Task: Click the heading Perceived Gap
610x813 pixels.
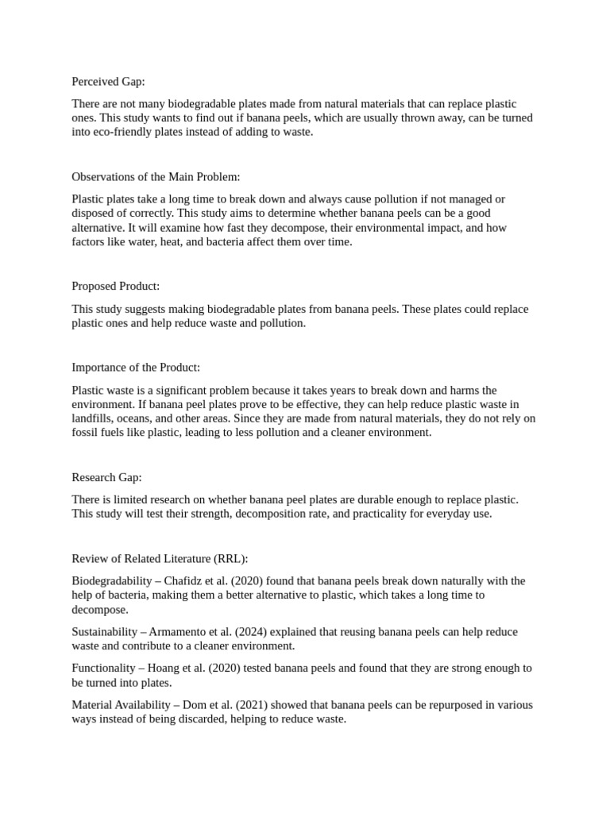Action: pos(108,82)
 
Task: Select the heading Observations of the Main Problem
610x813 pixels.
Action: pos(156,176)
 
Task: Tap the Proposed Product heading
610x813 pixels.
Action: pos(116,286)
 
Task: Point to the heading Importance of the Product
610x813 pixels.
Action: pos(136,368)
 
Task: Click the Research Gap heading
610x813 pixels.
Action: pos(106,477)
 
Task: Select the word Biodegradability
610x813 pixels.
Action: pos(111,581)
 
